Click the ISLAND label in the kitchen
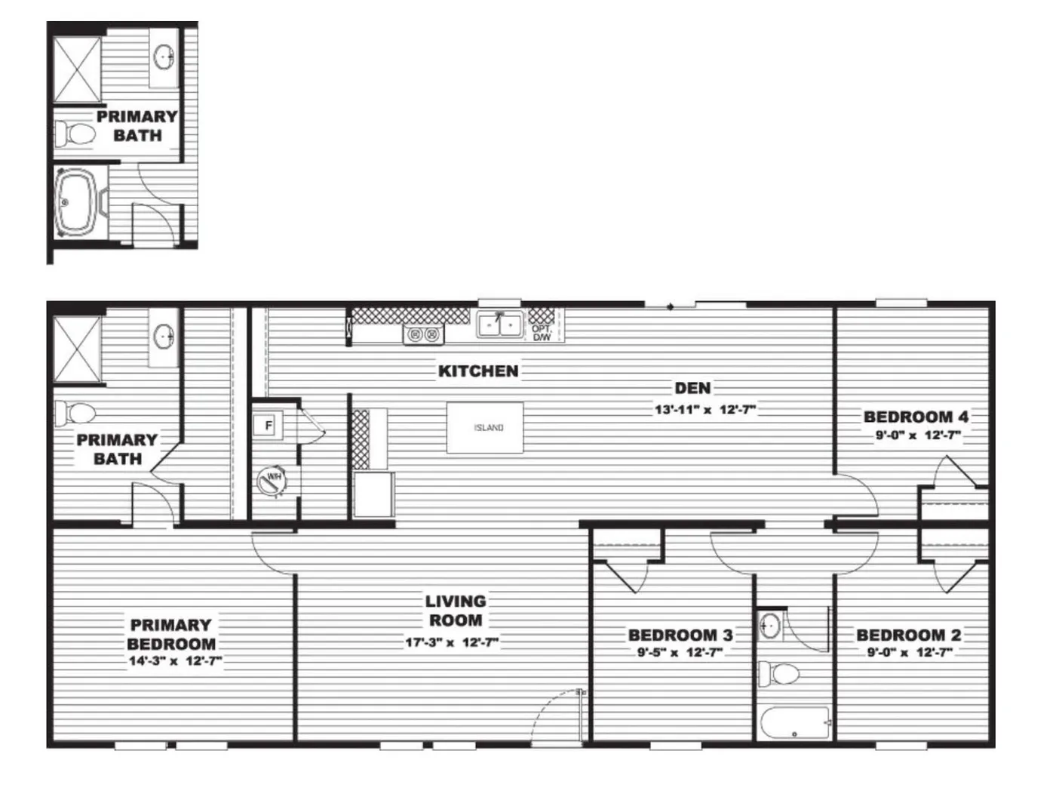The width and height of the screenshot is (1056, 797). point(488,428)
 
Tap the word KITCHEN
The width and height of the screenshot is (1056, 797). point(478,371)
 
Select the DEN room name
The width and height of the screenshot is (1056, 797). point(692,388)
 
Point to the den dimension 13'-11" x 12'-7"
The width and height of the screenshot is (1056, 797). point(705,410)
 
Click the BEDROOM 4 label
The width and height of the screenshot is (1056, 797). point(916,416)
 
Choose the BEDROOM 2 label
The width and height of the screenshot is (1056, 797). point(909,635)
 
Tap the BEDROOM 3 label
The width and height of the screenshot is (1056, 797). point(680,635)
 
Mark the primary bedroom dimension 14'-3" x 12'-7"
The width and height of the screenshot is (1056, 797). point(174,662)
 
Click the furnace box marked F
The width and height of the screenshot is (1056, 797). point(268,426)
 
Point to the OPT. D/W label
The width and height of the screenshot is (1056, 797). point(542,333)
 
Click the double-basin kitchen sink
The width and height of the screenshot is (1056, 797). point(499,325)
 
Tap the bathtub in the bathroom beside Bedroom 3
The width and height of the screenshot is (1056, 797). point(795,723)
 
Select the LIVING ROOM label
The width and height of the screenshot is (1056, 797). point(455,611)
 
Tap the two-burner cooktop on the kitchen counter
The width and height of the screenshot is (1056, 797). point(423,334)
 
